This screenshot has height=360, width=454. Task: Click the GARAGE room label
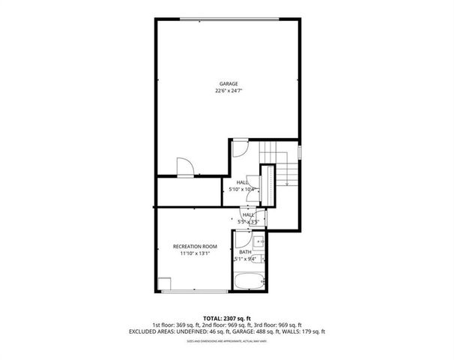tap(228, 83)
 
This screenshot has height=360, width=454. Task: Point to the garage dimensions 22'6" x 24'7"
tap(228, 91)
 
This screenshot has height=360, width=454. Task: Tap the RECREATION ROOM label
tap(195, 246)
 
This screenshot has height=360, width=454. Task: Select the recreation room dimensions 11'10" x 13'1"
tap(195, 253)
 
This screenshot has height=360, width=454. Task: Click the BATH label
tap(245, 252)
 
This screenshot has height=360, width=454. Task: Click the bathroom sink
tap(257, 241)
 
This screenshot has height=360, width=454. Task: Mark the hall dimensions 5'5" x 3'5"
tap(247, 222)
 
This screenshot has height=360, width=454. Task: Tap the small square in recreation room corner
tap(165, 283)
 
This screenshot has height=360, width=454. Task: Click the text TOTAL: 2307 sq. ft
tap(227, 318)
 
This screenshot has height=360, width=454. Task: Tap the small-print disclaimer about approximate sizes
tap(227, 343)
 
